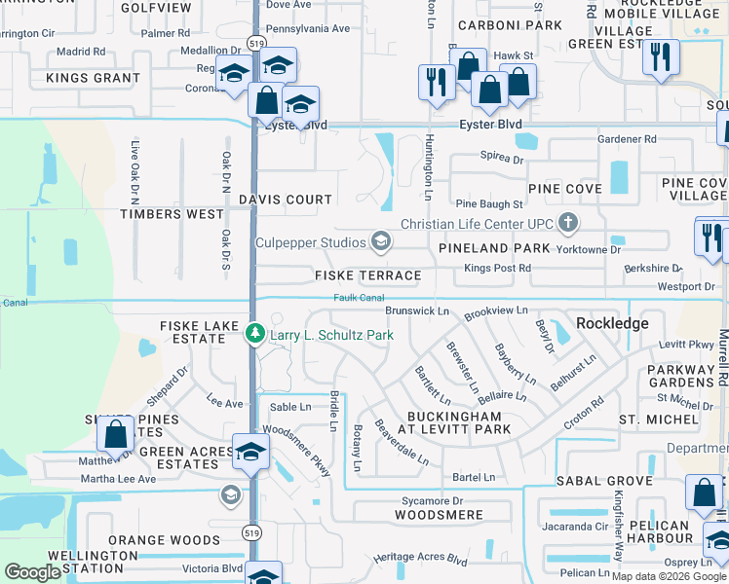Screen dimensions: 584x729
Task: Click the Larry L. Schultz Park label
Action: (x=331, y=336)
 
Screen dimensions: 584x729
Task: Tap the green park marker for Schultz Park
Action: (x=255, y=335)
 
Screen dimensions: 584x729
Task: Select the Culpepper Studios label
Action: (x=310, y=241)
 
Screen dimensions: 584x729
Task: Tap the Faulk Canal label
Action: (x=359, y=298)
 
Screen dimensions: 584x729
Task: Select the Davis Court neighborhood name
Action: (x=286, y=200)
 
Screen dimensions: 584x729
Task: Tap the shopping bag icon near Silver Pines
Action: (x=116, y=437)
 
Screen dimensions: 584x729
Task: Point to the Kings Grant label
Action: (x=93, y=78)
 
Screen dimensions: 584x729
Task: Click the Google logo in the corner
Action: (x=32, y=572)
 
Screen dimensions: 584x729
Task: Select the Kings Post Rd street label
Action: (x=497, y=268)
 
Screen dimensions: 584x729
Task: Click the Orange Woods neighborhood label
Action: (x=151, y=540)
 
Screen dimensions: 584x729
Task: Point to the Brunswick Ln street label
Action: (x=416, y=310)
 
